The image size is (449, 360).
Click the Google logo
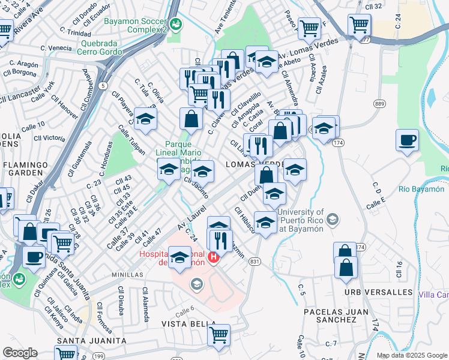coord(20,353)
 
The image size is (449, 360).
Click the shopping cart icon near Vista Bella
coord(218,334)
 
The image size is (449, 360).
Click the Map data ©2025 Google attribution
coord(411,355)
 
